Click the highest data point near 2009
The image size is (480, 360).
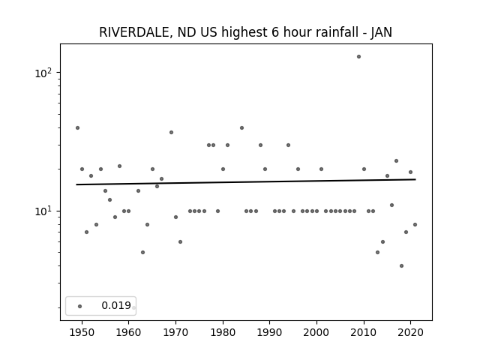(x=358, y=57)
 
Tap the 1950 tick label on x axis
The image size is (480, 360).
(x=82, y=332)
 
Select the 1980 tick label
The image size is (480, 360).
(x=223, y=332)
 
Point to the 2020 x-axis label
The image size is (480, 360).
(x=410, y=332)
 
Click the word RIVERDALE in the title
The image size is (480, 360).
(x=133, y=32)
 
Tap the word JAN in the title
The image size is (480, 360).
(x=382, y=32)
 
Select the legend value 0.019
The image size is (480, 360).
(x=116, y=305)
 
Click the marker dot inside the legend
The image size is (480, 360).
(x=80, y=306)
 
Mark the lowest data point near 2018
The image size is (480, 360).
(x=402, y=265)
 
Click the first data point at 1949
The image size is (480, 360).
(x=77, y=128)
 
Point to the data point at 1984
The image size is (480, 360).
(x=241, y=128)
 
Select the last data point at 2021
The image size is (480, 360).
(x=415, y=225)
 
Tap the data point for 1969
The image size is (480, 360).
(x=172, y=133)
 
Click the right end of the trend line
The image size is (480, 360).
(x=415, y=179)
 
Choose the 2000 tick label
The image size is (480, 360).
(x=316, y=332)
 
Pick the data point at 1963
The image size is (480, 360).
(x=142, y=252)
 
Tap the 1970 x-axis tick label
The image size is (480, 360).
(x=175, y=332)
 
